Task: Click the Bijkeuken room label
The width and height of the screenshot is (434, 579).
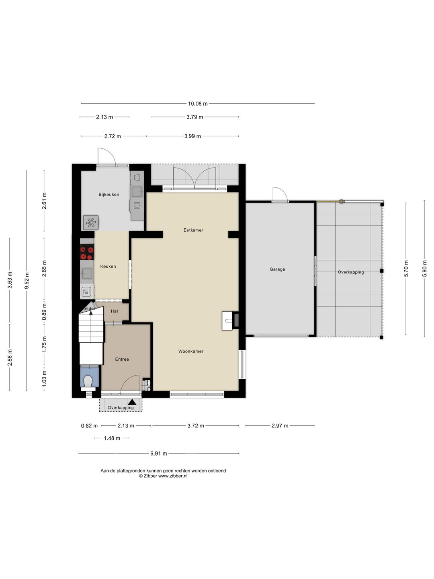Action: [x=108, y=195]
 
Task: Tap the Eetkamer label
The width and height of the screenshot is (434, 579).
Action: [x=193, y=230]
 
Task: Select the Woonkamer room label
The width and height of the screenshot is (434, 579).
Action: [x=191, y=351]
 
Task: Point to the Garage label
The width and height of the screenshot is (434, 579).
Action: [x=277, y=269]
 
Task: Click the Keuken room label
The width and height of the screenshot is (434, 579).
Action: [x=108, y=266]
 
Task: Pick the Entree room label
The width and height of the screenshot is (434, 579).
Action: [x=122, y=359]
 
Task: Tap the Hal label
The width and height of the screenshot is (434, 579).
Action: [x=115, y=311]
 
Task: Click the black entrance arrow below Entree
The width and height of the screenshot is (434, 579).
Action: [x=132, y=402]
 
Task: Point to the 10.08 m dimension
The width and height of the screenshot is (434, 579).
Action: [x=198, y=104]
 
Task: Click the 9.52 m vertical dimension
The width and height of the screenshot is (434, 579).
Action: [x=27, y=280]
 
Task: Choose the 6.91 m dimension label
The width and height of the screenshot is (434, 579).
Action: [x=159, y=454]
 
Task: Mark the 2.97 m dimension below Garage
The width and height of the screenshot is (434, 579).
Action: [x=280, y=426]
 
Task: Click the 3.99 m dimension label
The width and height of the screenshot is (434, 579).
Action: [x=192, y=136]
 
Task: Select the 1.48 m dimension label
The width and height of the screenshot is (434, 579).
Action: [x=112, y=438]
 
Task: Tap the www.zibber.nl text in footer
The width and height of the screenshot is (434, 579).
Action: [x=173, y=476]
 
